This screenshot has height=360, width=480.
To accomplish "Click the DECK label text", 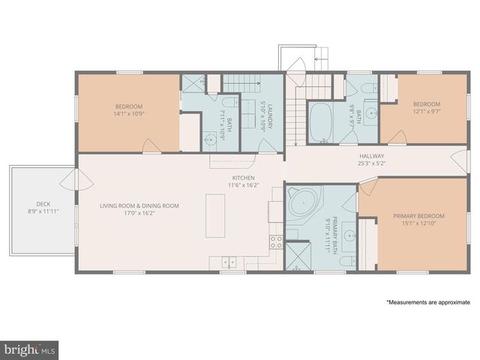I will (43, 204).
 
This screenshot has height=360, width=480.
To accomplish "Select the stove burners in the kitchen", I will (275, 241).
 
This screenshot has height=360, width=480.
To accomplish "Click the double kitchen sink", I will (229, 262).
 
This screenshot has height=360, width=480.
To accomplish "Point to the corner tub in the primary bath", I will (304, 204).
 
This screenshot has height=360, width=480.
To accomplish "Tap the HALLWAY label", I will (371, 155).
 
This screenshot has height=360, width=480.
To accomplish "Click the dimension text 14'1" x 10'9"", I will (128, 114).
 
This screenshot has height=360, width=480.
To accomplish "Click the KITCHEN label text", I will (242, 178).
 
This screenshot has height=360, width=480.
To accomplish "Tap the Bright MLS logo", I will (29, 349).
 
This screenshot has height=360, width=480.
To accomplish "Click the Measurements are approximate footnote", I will (428, 302).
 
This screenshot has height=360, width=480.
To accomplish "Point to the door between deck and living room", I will (68, 178).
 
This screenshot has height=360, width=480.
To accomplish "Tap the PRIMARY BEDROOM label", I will (414, 217).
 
